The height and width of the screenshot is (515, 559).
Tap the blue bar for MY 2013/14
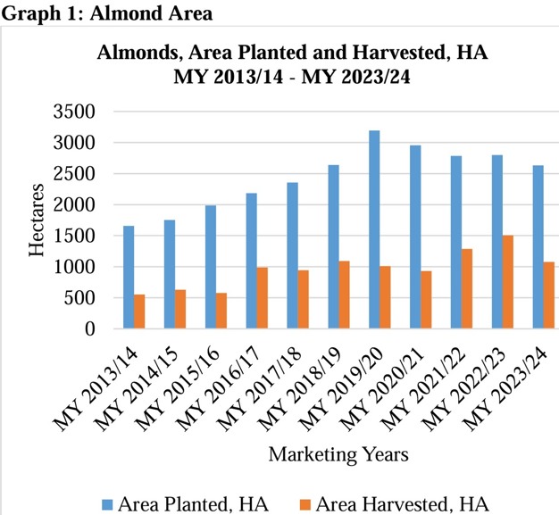pos(129,278)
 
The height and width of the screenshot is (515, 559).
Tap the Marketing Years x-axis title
pos(339,454)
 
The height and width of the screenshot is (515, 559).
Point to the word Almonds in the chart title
pos(138,51)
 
